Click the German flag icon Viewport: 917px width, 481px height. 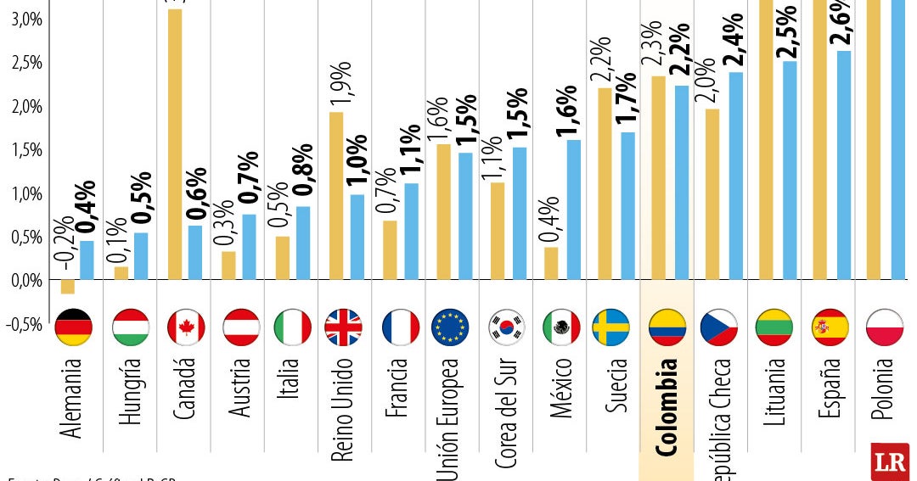[72, 327]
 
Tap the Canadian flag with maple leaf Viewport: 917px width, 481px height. [186, 327]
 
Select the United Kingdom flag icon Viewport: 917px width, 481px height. [343, 327]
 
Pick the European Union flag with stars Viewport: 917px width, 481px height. [450, 327]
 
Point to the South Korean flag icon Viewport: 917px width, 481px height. [507, 327]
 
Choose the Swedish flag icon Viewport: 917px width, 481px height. [611, 327]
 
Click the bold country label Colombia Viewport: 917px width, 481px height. [667, 407]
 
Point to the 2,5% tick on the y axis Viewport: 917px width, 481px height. [27, 64]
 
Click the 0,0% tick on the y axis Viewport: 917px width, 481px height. [27, 281]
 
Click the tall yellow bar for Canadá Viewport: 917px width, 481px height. [176, 144]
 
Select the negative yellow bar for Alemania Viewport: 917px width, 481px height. [67, 287]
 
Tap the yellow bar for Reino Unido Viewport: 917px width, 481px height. [336, 195]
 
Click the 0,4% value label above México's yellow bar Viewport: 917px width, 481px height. [550, 219]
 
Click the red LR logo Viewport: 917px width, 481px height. [890, 461]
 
